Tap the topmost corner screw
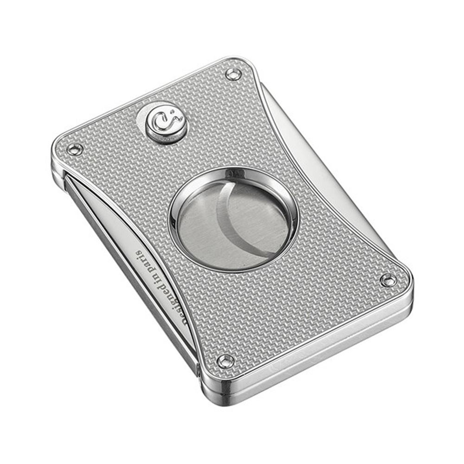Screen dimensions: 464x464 [x=233, y=74]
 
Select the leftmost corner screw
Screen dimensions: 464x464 [x=74, y=149]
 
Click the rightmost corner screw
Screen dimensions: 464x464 [x=387, y=280]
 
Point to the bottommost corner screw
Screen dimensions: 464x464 [x=226, y=361]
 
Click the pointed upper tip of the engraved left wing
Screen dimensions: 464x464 [x=70, y=179]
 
